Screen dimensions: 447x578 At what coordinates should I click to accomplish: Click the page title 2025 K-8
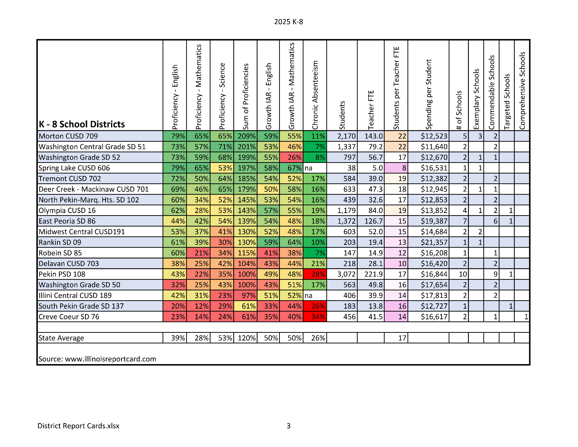click(x=289, y=22)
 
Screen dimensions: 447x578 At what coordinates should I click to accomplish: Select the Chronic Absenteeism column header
click(x=315, y=95)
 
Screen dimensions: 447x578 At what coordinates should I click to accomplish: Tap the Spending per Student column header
click(x=428, y=94)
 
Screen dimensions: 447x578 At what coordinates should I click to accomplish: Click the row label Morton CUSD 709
click(x=68, y=136)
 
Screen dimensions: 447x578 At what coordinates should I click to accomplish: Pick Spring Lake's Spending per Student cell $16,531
click(x=434, y=168)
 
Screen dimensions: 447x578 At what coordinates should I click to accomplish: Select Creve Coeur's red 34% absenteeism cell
click(x=318, y=317)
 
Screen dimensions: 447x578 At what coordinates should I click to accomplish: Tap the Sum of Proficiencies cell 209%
click(x=246, y=136)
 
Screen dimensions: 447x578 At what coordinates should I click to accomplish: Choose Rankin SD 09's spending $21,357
click(x=434, y=242)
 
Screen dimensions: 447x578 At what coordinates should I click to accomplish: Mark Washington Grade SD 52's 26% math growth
click(x=294, y=157)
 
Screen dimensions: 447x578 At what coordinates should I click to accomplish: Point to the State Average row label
click(x=61, y=338)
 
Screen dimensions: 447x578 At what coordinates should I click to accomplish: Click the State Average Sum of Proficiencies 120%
click(x=246, y=338)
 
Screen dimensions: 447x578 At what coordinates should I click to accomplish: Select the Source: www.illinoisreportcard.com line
click(x=97, y=359)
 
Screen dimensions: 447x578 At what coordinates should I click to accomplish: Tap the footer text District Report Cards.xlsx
click(x=78, y=426)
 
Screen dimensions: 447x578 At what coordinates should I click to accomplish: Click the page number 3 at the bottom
click(x=289, y=426)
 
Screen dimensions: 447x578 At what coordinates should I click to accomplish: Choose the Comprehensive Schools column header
click(x=522, y=91)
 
